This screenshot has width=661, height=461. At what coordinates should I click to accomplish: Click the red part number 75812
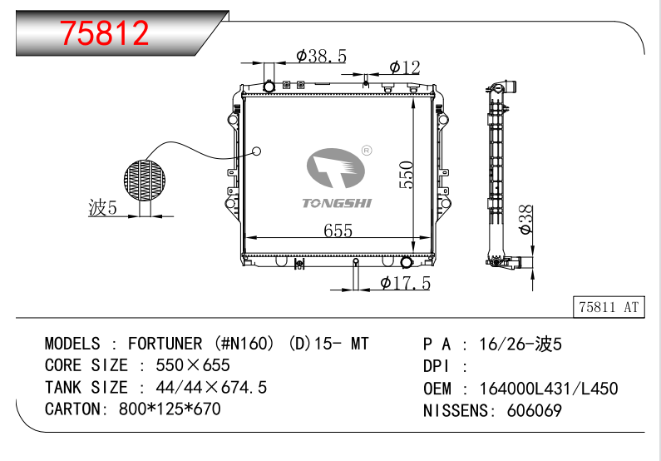[x=104, y=33]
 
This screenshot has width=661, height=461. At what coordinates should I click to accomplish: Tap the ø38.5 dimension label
[x=321, y=56]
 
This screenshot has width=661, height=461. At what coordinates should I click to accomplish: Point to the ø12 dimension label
[x=405, y=67]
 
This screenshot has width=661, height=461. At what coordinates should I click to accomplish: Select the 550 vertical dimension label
[x=407, y=175]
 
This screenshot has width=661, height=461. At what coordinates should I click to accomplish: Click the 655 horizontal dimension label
[x=338, y=230]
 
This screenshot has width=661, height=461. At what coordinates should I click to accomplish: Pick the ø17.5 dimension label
[x=405, y=283]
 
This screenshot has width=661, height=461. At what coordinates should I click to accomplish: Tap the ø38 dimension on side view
[x=525, y=220]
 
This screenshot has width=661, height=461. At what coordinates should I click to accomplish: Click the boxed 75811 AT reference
[x=609, y=307]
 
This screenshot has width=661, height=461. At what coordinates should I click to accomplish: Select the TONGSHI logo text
[x=338, y=203]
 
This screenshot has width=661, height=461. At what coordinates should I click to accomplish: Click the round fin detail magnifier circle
[x=145, y=180]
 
